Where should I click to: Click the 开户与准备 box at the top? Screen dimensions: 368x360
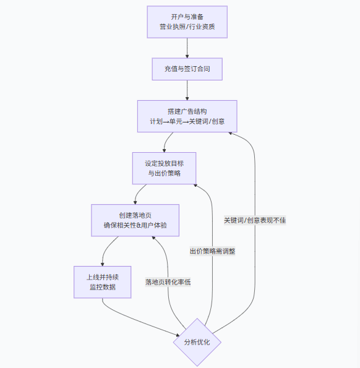point(187,22)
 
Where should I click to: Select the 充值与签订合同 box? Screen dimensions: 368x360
point(187,69)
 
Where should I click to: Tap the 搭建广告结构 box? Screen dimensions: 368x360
point(187,115)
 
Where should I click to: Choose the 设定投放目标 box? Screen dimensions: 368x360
point(164,168)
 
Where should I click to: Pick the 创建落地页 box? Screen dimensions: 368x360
point(135,220)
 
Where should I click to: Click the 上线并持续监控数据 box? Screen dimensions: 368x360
point(103,282)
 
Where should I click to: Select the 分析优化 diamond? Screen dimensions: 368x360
point(197,342)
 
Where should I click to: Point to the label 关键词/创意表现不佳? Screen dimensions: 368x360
point(255,220)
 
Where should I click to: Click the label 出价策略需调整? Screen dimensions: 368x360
point(212,251)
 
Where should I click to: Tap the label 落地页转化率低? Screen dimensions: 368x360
point(168,282)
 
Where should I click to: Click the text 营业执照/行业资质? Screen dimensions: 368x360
point(187,28)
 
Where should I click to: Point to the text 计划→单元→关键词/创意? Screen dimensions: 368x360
point(187,121)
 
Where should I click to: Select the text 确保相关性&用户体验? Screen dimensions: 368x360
point(135,226)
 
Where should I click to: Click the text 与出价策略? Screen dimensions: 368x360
point(164,174)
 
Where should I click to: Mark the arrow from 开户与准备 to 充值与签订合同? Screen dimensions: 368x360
point(187,48)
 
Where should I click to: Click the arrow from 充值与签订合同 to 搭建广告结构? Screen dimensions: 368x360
point(187,90)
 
